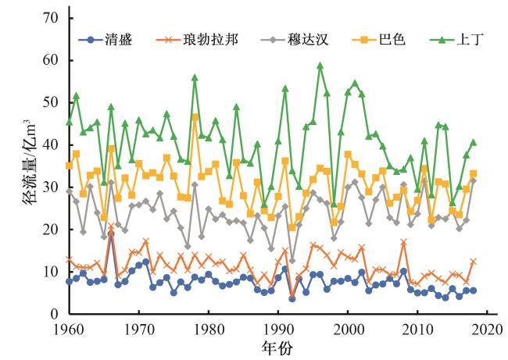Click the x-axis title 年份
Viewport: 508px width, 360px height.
[279, 348]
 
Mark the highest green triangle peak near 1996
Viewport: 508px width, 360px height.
[320, 66]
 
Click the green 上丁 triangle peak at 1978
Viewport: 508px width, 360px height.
[195, 78]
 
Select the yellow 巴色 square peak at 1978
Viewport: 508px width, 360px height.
[195, 117]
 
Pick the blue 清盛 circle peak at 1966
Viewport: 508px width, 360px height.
[111, 233]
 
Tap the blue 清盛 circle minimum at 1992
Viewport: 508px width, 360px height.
[292, 298]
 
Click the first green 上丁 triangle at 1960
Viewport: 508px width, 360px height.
[70, 122]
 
